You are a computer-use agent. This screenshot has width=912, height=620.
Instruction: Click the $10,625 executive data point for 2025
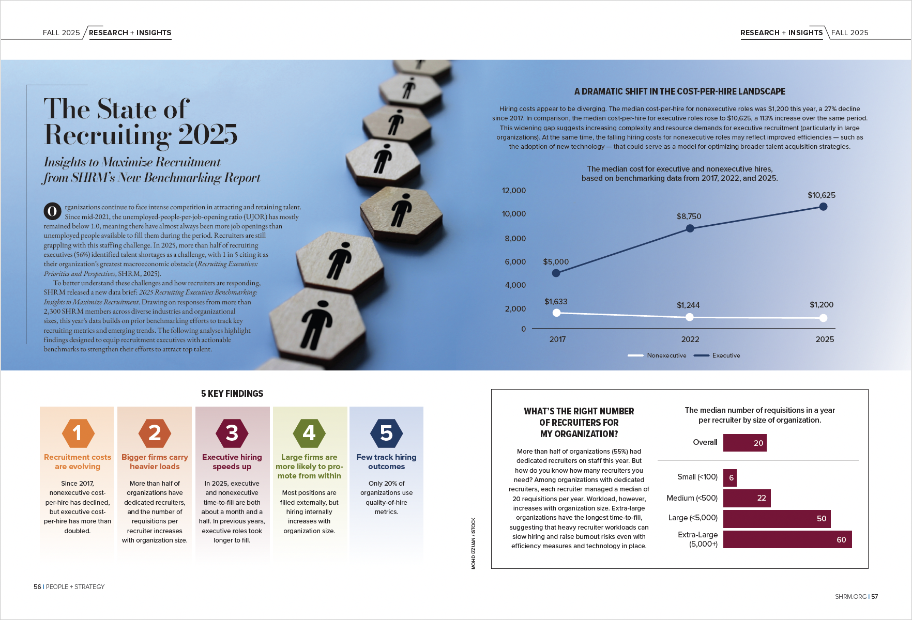(x=823, y=207)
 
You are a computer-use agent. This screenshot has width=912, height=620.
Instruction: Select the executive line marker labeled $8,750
(x=690, y=228)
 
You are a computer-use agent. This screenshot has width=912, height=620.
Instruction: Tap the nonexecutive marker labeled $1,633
(x=556, y=313)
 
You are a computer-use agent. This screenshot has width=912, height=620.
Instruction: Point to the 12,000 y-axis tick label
(x=513, y=191)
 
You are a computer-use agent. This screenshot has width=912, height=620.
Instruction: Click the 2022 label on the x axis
(x=690, y=339)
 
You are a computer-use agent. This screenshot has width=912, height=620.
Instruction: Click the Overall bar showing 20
(x=744, y=443)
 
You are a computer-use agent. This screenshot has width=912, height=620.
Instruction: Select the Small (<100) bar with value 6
(x=729, y=478)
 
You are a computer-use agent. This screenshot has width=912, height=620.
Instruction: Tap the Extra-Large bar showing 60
(x=787, y=539)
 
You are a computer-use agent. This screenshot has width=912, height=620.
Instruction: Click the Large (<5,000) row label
(x=693, y=518)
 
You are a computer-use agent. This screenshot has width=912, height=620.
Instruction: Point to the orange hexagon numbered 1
(x=78, y=433)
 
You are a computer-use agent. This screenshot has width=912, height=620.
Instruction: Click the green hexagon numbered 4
(x=309, y=433)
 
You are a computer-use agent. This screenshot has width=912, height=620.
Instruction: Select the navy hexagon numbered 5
(x=386, y=433)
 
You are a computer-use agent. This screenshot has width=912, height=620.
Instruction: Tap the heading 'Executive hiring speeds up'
(x=232, y=462)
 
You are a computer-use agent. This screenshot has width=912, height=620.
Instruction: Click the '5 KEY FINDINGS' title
(x=232, y=394)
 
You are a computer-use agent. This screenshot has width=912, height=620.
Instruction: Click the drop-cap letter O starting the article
(x=52, y=211)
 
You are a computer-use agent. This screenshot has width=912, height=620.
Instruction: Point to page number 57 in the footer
(x=874, y=597)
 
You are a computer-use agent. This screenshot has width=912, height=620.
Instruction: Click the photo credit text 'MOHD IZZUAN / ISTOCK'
(x=473, y=544)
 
